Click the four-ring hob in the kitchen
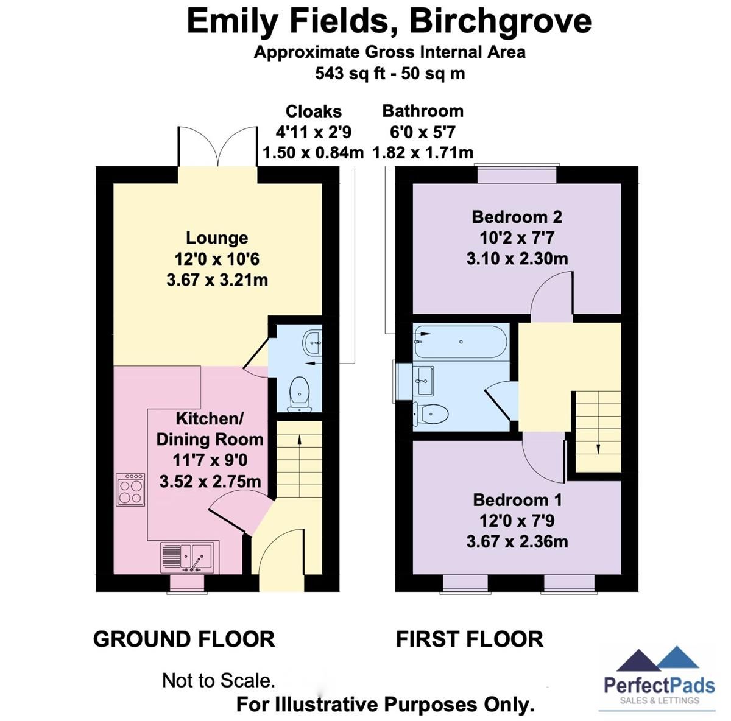131,490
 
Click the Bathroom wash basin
423,381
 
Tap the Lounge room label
217,238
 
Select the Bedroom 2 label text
517,217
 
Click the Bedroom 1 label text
517,500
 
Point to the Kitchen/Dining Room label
210,429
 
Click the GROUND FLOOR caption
184,639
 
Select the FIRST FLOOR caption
469,639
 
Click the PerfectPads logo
659,679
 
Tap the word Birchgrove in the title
500,21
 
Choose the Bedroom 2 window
517,174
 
